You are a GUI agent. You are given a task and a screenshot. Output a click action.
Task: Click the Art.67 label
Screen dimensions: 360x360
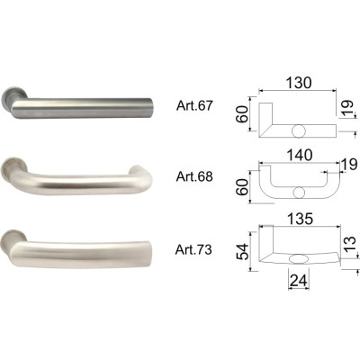click(194, 105)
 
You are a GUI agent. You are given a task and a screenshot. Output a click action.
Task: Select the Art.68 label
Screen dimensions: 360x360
click(194, 176)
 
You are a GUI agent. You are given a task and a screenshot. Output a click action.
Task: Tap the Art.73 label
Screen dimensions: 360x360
click(193, 249)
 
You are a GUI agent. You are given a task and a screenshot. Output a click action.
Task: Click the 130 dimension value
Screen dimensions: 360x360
click(299, 83)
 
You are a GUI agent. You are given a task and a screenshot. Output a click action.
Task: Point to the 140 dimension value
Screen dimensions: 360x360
click(299, 155)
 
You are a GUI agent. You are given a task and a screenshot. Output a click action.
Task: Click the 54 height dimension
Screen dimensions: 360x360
click(242, 251)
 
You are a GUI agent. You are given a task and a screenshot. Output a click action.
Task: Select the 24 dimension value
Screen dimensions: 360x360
click(299, 281)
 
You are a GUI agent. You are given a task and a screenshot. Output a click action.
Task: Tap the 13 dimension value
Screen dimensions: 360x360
click(349, 245)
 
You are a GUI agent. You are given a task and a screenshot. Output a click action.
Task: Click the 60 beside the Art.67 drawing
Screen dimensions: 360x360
click(242, 114)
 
